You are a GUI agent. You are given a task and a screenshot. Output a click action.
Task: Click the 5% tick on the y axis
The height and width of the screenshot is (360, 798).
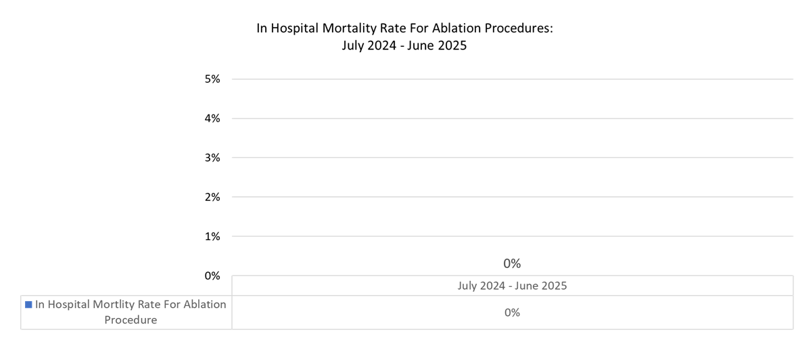pyautogui.click(x=212, y=79)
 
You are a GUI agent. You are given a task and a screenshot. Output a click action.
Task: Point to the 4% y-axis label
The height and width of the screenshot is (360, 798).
pyautogui.click(x=212, y=118)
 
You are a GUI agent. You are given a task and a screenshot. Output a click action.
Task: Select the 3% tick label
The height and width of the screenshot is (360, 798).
pyautogui.click(x=212, y=158)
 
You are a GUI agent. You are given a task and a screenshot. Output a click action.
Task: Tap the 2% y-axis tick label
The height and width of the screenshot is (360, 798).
pyautogui.click(x=212, y=197)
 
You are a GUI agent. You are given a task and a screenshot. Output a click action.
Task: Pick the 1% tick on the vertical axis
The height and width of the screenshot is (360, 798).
pyautogui.click(x=212, y=236)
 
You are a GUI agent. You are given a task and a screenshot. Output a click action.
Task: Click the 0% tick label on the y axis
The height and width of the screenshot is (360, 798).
pyautogui.click(x=212, y=275)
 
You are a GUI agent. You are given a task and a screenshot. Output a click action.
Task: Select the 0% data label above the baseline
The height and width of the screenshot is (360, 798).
pyautogui.click(x=512, y=263)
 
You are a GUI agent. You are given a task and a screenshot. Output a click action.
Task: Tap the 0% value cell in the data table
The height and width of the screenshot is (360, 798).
pyautogui.click(x=512, y=313)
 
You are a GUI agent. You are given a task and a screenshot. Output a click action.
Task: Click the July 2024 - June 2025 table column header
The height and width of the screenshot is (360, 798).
pyautogui.click(x=512, y=286)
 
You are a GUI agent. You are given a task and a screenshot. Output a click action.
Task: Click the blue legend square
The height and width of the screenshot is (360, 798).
pyautogui.click(x=28, y=305)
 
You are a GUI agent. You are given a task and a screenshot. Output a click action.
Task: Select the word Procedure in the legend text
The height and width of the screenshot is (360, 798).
pyautogui.click(x=131, y=320)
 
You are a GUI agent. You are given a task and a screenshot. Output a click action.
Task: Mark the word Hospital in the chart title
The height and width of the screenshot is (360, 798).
pyautogui.click(x=294, y=29)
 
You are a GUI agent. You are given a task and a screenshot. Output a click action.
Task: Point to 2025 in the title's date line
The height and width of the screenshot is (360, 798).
pyautogui.click(x=453, y=47)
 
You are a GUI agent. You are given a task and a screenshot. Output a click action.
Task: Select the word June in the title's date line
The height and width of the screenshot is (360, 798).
pyautogui.click(x=420, y=47)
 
